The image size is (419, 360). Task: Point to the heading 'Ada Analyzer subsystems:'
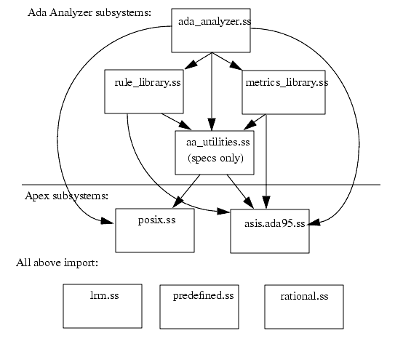click(89, 13)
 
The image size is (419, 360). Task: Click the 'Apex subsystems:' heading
click(66, 196)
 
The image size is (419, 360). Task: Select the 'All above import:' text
click(57, 263)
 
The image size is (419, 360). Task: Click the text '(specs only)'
click(215, 158)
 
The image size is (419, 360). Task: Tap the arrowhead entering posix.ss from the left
click(108, 221)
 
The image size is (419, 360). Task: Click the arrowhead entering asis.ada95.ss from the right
click(315, 223)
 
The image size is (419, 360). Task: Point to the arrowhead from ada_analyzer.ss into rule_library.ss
click(191, 64)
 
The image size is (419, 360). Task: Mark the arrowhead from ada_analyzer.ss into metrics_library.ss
click(236, 65)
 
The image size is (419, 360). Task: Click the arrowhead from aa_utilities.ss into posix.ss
click(177, 202)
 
